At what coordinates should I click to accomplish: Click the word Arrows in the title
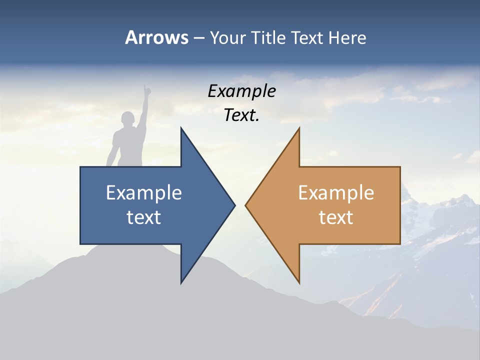156,37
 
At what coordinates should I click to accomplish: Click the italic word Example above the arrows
241,91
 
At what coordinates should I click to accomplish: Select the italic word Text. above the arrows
241,115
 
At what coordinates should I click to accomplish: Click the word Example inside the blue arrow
143,192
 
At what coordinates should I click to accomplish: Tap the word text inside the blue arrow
143,217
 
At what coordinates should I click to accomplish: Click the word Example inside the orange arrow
336,192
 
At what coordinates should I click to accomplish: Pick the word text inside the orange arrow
336,217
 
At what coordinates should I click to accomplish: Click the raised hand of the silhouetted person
146,89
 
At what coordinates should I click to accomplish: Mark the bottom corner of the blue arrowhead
181,282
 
